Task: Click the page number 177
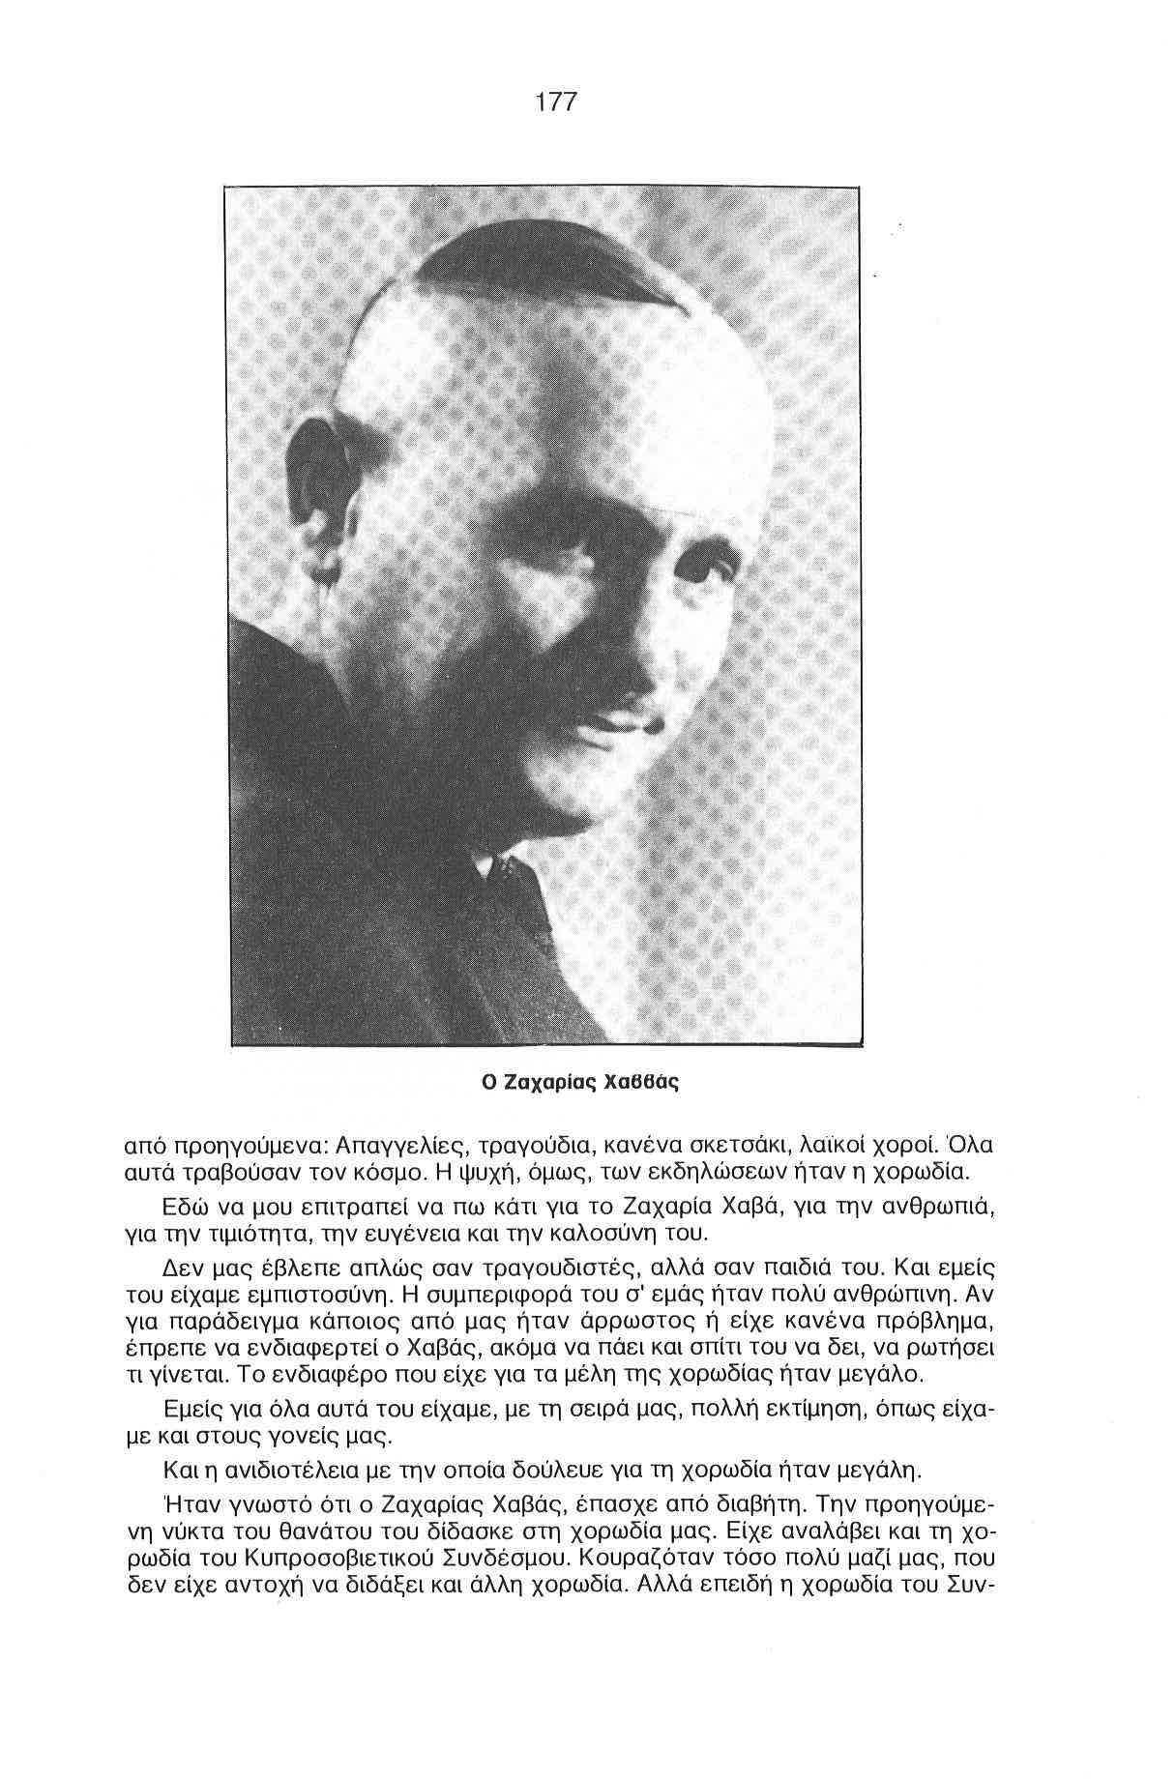coord(555,102)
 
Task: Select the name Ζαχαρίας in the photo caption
coord(550,1082)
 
